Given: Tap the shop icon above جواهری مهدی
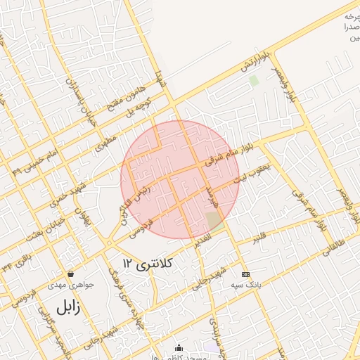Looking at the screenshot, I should (70, 274).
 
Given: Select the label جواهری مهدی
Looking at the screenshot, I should (66, 285).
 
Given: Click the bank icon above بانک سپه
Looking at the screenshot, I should (245, 274).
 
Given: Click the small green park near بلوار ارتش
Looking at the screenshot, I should (253, 81).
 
